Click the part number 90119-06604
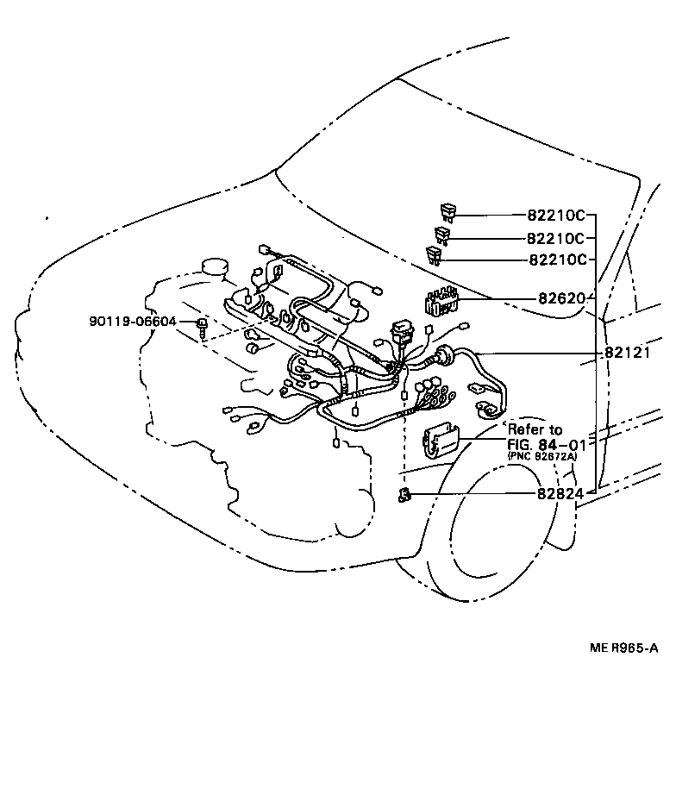(x=132, y=322)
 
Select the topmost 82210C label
(x=556, y=216)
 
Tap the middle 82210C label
(x=556, y=238)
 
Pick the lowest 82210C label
(x=556, y=260)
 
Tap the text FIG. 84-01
(x=547, y=444)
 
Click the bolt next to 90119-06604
(x=202, y=325)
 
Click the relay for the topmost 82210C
(x=449, y=211)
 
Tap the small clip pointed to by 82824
(x=404, y=494)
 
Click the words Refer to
(x=534, y=429)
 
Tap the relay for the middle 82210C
(x=442, y=234)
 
